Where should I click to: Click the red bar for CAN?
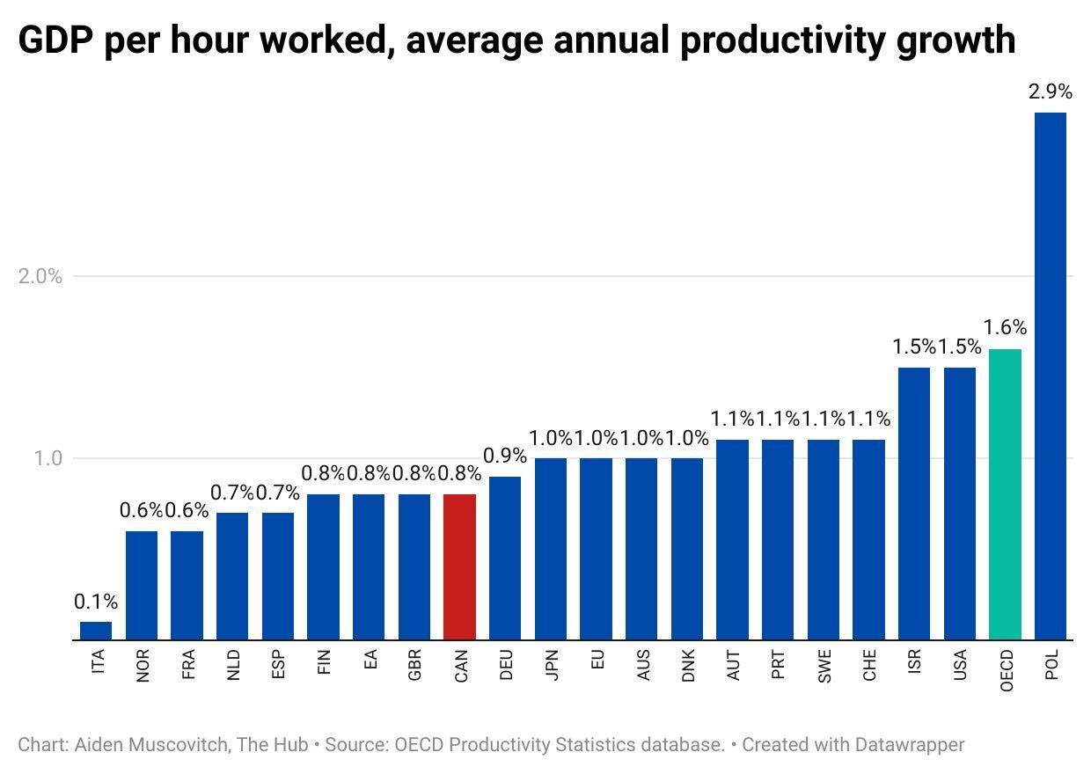click(x=459, y=566)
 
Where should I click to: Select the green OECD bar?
click(x=1005, y=494)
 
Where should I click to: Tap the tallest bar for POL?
click(x=1050, y=376)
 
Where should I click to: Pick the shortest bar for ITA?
click(x=96, y=631)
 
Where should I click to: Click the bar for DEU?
click(x=505, y=558)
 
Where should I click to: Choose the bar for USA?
click(x=959, y=503)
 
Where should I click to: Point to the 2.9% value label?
click(x=1051, y=91)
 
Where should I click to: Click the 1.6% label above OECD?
click(x=1005, y=328)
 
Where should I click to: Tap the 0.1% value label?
click(x=96, y=602)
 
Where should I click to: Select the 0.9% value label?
click(x=505, y=456)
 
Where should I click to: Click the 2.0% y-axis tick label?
click(x=40, y=276)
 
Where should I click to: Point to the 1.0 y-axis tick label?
click(x=48, y=458)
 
